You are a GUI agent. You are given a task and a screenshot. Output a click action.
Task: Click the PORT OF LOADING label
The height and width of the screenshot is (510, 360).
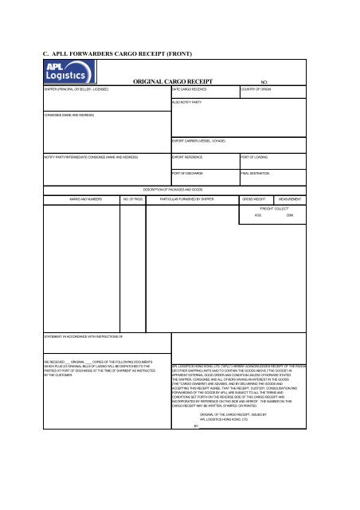tap(256, 159)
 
